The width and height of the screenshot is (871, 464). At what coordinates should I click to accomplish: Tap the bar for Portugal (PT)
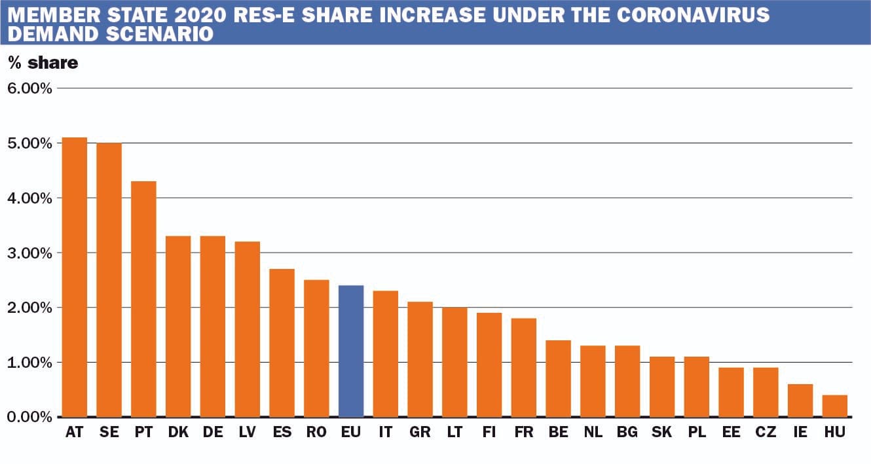coord(143,299)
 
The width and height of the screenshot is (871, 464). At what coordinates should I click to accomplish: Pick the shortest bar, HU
coord(834,406)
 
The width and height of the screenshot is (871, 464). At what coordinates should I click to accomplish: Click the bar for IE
coord(800,401)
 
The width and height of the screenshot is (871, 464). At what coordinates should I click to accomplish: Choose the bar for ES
coord(282,343)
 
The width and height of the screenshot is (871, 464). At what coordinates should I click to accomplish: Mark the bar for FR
coord(523,367)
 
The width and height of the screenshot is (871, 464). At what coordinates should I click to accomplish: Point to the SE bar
coord(109,279)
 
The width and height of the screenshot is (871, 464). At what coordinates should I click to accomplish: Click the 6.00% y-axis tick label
coord(29,88)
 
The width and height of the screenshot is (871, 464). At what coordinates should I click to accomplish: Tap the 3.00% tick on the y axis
coord(29,253)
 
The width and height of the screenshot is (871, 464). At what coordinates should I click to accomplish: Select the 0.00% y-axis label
coord(29,418)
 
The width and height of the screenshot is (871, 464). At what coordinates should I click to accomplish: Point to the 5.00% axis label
coord(29,143)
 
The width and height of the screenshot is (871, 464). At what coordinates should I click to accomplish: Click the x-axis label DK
coord(178,433)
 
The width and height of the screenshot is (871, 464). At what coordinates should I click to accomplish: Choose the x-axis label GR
coord(420,433)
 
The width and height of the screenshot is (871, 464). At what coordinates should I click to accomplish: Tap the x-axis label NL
coord(593,433)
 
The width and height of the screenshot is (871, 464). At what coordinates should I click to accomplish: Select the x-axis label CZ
coord(766,433)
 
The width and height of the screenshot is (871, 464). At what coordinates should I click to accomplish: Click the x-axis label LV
coord(248,433)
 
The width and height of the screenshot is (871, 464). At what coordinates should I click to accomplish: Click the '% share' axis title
coord(43,63)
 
